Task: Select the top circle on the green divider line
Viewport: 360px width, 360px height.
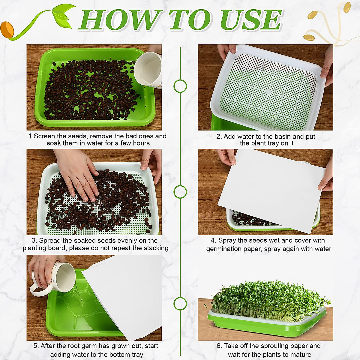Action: (180, 86)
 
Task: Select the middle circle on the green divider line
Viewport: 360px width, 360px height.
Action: (180, 192)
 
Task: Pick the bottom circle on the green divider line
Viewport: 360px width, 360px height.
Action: (180, 304)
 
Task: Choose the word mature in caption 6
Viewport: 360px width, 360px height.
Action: (300, 355)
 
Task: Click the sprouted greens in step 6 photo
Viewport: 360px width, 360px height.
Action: (267, 297)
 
